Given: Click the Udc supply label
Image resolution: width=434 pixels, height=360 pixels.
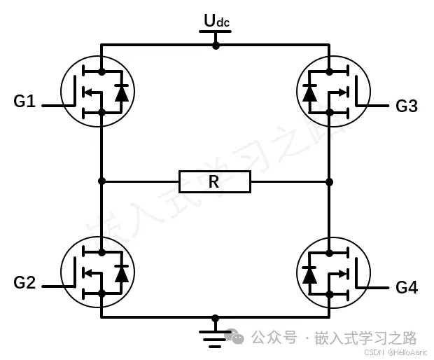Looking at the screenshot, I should tap(216, 22).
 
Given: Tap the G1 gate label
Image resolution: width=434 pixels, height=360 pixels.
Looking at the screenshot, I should tap(24, 102).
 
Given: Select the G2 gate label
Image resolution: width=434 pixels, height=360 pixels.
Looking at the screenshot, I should tap(24, 283).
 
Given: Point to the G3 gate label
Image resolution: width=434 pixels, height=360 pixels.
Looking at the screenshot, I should tap(407, 106).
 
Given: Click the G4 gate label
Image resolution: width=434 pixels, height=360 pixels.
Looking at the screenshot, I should tap(407, 287).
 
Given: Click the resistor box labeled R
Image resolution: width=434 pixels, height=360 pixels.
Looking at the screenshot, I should tap(214, 182).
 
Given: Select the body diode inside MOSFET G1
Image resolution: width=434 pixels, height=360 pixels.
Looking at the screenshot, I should tap(122, 92).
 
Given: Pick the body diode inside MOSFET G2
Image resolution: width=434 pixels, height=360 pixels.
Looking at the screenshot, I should tap(122, 274).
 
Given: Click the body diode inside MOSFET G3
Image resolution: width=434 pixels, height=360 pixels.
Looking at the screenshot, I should tap(309, 92).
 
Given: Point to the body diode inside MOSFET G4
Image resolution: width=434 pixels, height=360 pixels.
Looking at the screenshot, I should tap(309, 274).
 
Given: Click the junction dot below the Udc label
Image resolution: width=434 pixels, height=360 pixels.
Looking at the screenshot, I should tap(216, 45).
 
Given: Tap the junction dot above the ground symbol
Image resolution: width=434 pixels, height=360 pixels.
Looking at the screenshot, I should tap(216, 317).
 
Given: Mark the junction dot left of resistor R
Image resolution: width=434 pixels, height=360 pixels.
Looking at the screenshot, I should tap(101, 181).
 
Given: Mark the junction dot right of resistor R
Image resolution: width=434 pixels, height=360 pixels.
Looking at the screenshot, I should tap(329, 181).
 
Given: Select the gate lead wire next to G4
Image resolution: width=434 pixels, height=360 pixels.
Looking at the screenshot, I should tap(377, 287).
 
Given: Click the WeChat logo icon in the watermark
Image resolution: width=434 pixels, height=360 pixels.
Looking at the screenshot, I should tap(238, 338).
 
